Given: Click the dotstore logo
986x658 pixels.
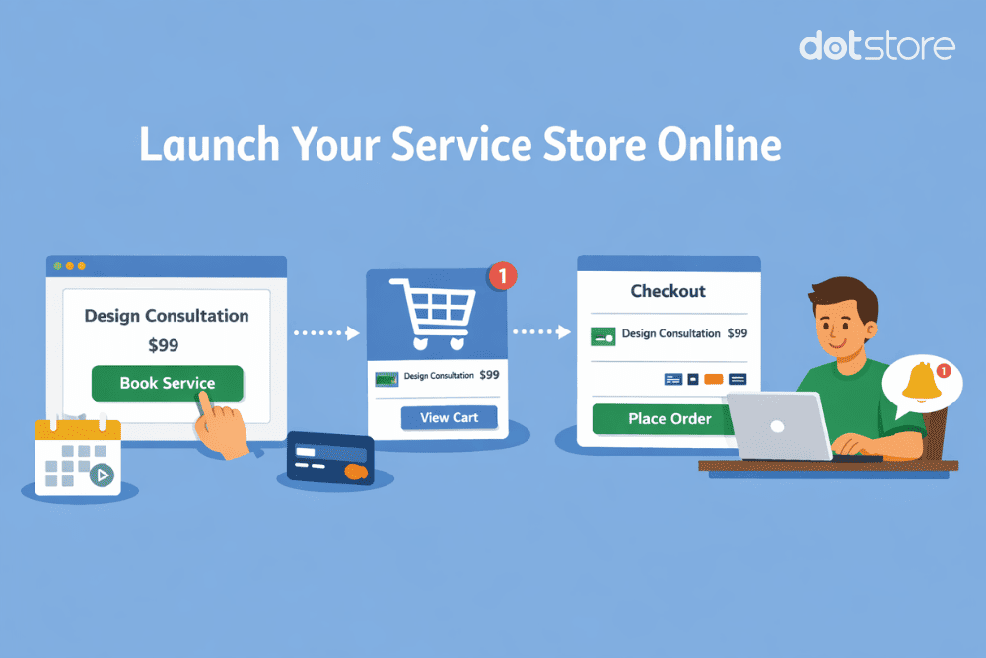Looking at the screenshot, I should click(x=877, y=45).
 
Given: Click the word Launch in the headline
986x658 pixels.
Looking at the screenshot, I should click(x=203, y=145).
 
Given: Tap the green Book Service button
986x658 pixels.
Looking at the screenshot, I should click(x=168, y=384).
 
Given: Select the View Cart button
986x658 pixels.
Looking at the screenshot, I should click(x=449, y=418).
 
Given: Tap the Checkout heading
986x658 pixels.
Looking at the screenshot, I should click(x=668, y=291).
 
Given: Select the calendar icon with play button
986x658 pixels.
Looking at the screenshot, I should click(x=77, y=457).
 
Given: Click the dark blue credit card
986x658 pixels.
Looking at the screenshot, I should click(x=330, y=462).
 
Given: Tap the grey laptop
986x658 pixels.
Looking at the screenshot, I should click(x=779, y=426).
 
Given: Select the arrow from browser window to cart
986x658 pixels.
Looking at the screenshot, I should click(x=326, y=333).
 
